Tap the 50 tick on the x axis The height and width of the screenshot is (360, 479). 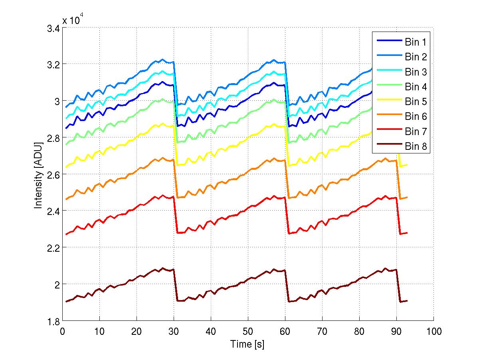(248, 331)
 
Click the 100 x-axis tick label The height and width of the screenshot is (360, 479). (433, 331)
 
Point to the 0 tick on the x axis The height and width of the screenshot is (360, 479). (62, 331)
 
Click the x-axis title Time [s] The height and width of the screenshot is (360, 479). (247, 344)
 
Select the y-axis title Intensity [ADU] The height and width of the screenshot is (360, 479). (38, 174)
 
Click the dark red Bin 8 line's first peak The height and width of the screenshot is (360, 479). (162, 268)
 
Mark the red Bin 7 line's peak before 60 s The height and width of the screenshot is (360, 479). (274, 196)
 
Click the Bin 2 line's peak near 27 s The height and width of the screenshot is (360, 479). (162, 60)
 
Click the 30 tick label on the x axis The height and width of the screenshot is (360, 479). (174, 331)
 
